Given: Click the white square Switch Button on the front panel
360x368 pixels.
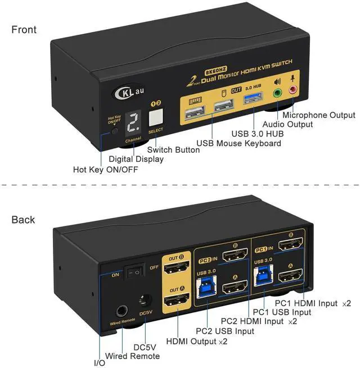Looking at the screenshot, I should coord(156,117).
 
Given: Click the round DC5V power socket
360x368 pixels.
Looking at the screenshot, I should coord(146,301).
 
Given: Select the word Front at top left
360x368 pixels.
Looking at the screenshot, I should coord(23,29).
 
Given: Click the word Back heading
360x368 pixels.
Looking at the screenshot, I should coord(23,220).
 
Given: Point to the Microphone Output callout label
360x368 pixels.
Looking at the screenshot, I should coord(319,115).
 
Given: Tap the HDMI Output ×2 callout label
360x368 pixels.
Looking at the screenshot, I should coord(196,341).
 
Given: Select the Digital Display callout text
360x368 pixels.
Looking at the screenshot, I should coord(136,160).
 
